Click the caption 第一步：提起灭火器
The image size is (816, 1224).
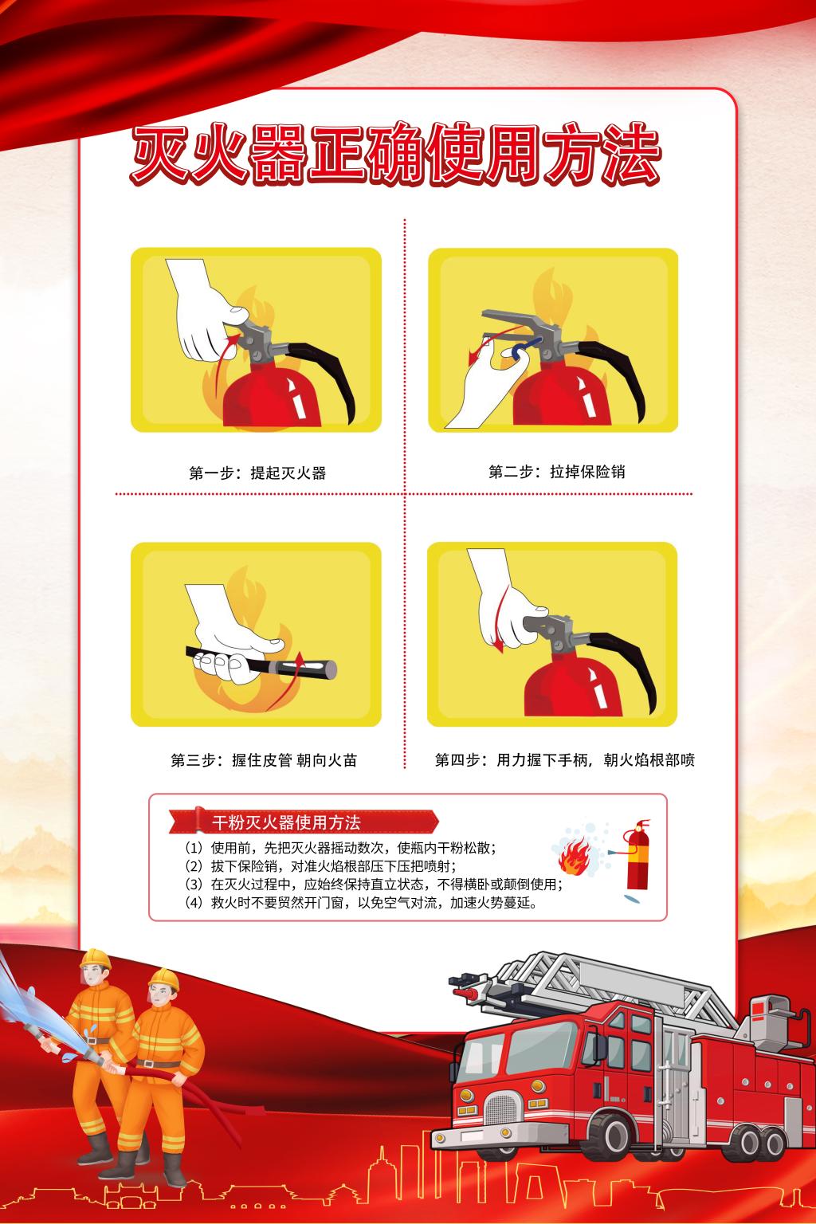[x=257, y=473]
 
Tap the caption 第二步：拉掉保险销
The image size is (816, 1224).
[x=556, y=472]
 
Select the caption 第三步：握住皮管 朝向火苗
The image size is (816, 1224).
[x=264, y=760]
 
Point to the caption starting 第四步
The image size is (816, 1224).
[x=565, y=759]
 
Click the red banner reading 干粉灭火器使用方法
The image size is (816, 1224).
[x=304, y=822]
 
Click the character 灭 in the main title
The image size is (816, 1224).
[x=161, y=154]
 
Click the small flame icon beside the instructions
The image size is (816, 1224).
[x=573, y=857]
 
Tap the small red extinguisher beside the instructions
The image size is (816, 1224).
[x=637, y=856]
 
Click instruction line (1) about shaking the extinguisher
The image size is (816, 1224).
[x=340, y=848]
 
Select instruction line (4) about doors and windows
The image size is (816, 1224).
[x=361, y=902]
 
